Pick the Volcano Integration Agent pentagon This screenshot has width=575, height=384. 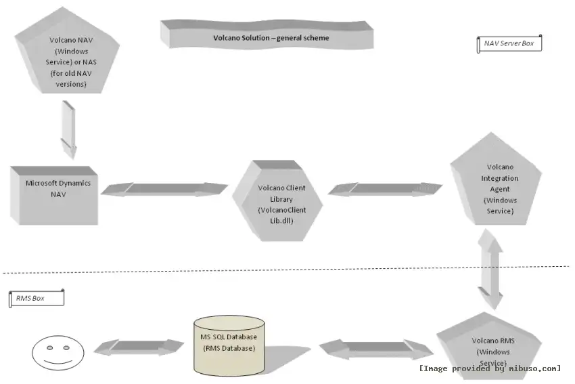pyautogui.click(x=500, y=186)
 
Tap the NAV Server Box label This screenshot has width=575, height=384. pyautogui.click(x=509, y=44)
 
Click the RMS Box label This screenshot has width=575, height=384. pyautogui.click(x=36, y=298)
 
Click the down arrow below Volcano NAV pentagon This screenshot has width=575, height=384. pyautogui.click(x=68, y=129)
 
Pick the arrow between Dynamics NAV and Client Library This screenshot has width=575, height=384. pyautogui.click(x=164, y=189)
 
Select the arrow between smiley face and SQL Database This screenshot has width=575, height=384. pyautogui.click(x=139, y=347)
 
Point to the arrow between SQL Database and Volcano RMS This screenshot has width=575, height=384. pyautogui.click(x=376, y=349)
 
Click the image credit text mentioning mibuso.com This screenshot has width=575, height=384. pyautogui.click(x=490, y=368)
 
